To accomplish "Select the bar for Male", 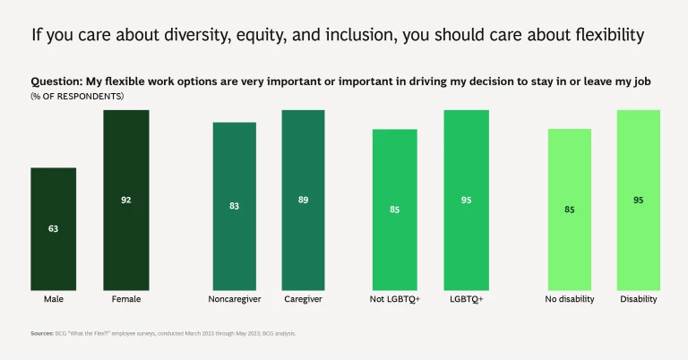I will coord(53,228).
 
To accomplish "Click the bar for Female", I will coord(125,200).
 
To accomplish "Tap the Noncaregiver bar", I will coord(235,206).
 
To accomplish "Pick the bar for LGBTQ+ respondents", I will coord(466,200).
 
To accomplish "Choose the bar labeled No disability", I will coord(570,210).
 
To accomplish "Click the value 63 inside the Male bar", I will coord(53,229).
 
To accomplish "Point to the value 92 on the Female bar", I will coord(125,201).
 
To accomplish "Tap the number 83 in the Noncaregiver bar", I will coord(235,206).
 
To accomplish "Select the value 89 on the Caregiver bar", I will coord(303,201).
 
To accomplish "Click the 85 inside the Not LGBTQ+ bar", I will coord(395,210).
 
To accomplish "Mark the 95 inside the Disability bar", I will coord(638,201).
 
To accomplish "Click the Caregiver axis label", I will coord(303,299).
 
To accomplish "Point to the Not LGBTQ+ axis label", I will coord(395,299).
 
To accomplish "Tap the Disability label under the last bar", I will coord(638,299).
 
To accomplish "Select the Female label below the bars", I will coord(125,299).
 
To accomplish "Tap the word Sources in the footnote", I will coord(42,333).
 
